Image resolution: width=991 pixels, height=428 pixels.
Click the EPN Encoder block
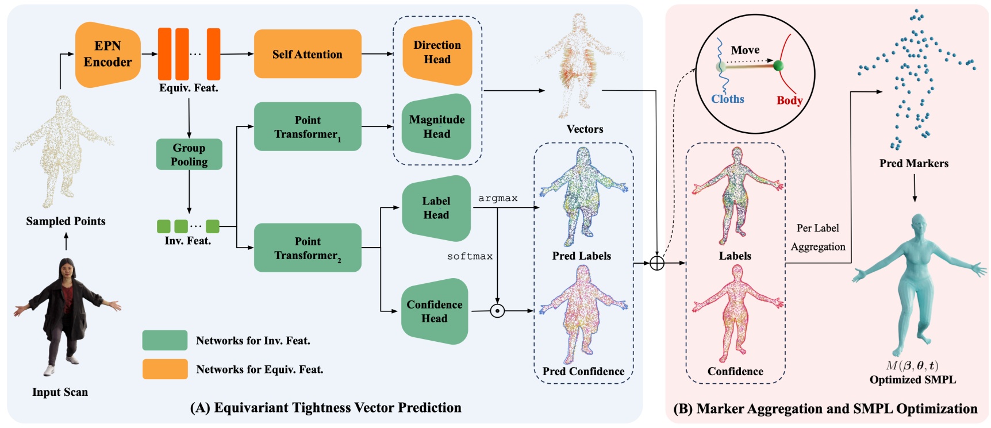point(108,55)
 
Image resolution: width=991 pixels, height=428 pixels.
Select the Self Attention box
point(308,54)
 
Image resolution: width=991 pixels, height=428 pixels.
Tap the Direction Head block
point(437,52)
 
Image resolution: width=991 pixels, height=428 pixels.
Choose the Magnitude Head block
point(437,126)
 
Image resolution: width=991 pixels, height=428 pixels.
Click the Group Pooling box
point(189,155)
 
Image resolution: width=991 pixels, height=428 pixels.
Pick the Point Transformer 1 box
point(308,127)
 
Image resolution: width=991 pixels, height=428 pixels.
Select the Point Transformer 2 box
point(308,248)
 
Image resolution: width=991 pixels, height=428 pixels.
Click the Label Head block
point(436,208)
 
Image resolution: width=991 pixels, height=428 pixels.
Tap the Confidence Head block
point(435,311)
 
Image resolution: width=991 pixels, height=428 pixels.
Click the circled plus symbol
point(657,263)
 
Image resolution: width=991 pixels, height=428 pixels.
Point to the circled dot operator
point(497,311)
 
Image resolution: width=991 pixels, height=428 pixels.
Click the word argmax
point(498,198)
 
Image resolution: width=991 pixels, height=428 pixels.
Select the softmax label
point(470,256)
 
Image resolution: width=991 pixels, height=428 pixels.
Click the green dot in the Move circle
point(778,65)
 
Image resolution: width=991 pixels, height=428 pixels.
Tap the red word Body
point(789,101)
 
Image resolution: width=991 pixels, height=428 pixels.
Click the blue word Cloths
point(727,99)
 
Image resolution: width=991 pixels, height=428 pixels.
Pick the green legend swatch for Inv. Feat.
point(165,340)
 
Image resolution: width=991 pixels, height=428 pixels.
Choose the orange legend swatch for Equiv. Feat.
point(165,369)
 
